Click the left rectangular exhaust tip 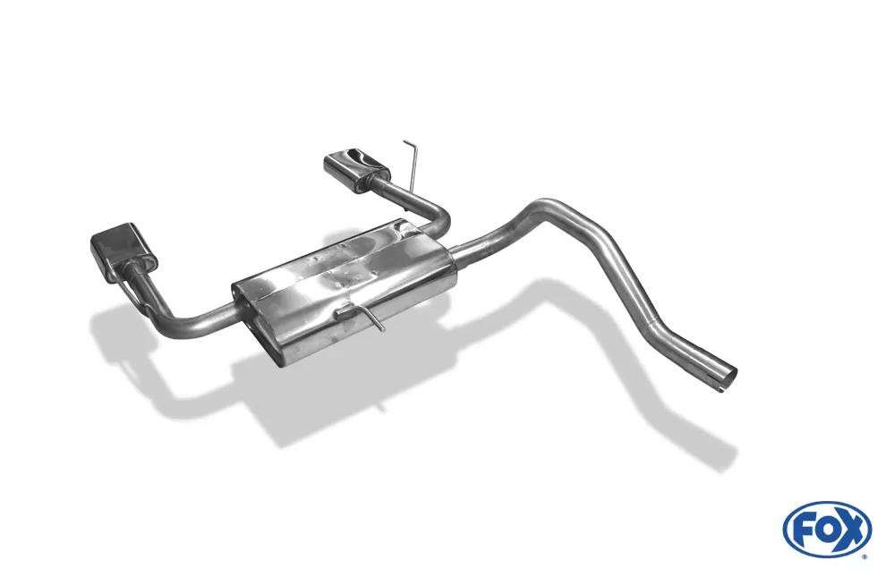click(122, 251)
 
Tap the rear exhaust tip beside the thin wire click(355, 169)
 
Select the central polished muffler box click(343, 289)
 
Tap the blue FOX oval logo click(827, 528)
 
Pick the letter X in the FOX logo click(852, 530)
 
